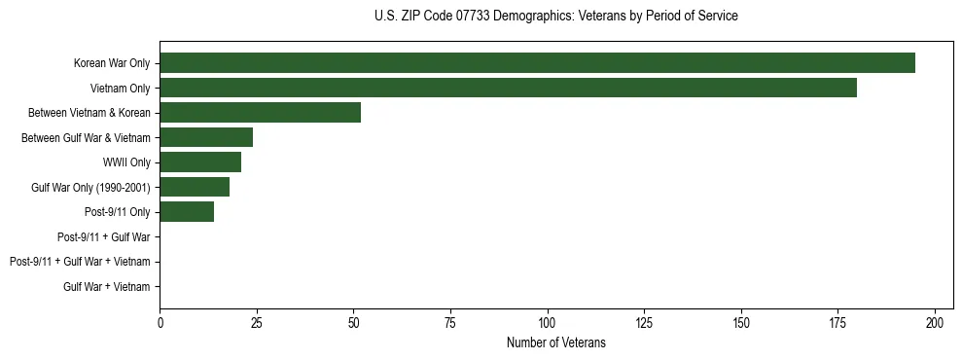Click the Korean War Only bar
(537, 63)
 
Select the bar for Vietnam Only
(508, 89)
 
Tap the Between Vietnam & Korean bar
(260, 113)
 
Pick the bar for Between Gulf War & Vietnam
(206, 137)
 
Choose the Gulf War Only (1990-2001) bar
(195, 187)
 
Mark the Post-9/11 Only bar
(187, 212)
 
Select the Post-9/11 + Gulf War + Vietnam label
(80, 262)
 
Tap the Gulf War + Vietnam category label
(107, 286)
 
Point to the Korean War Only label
(111, 63)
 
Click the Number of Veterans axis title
(555, 342)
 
